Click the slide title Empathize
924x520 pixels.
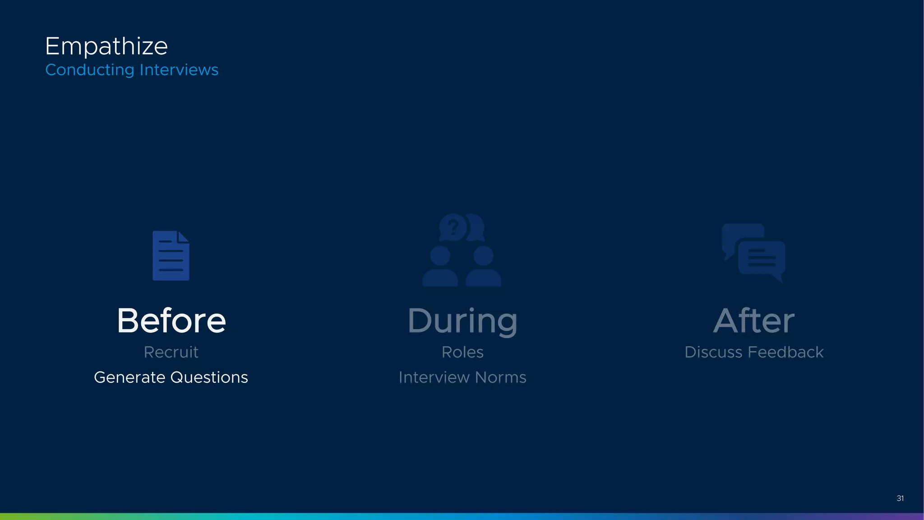pyautogui.click(x=106, y=46)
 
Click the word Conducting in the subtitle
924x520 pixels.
pyautogui.click(x=90, y=70)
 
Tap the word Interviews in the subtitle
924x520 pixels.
pyautogui.click(x=179, y=70)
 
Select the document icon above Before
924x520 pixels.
pyautogui.click(x=171, y=256)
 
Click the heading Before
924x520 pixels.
pyautogui.click(x=171, y=320)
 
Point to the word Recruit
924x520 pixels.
pyautogui.click(x=171, y=352)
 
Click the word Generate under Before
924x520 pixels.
pyautogui.click(x=129, y=377)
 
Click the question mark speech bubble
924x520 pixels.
pyautogui.click(x=454, y=227)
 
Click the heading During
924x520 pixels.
pyautogui.click(x=462, y=321)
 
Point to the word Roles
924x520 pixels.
pyautogui.click(x=462, y=352)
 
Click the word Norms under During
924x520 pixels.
pyautogui.click(x=500, y=377)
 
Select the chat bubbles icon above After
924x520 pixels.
pyautogui.click(x=753, y=253)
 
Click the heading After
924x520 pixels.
pyautogui.click(x=754, y=320)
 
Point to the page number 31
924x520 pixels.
pyautogui.click(x=900, y=498)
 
